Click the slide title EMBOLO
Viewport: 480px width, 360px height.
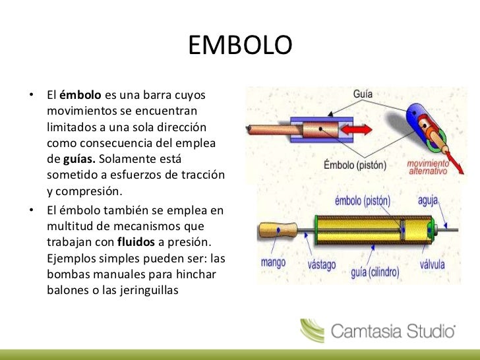(x=239, y=45)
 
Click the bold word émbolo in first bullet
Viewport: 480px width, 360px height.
(x=80, y=94)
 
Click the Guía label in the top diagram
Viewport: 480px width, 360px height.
(x=362, y=94)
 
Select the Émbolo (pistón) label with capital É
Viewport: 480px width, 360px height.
(x=355, y=164)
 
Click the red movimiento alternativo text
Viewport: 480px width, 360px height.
(x=428, y=166)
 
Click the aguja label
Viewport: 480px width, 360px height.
(x=431, y=199)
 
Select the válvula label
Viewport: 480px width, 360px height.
(x=433, y=264)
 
